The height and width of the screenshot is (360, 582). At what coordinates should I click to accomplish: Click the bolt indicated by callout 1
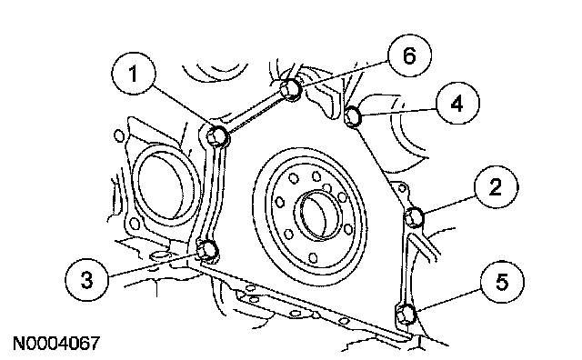tap(217, 135)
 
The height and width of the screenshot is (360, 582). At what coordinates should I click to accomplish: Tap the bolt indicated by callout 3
tap(206, 250)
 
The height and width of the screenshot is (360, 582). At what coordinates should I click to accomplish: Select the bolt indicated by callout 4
tap(353, 115)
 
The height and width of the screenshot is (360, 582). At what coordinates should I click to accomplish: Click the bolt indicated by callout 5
tap(406, 314)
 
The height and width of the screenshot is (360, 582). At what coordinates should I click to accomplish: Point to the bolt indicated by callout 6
tap(290, 89)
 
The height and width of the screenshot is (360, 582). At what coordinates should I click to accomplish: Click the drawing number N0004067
tap(56, 344)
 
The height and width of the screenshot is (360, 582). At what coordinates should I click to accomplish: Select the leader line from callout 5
tap(448, 300)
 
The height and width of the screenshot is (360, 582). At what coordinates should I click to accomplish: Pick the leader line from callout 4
tap(397, 111)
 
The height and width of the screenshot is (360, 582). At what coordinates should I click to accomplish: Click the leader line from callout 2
tap(450, 205)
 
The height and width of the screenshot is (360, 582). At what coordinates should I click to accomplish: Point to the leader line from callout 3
tap(153, 265)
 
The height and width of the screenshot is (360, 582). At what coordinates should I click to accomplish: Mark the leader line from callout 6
tap(344, 76)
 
